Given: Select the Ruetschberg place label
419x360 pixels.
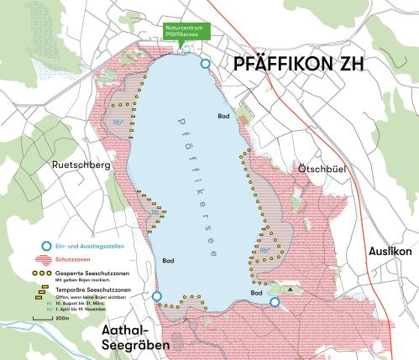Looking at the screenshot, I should click(80, 166).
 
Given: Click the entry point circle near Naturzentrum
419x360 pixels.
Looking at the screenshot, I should click(205, 64).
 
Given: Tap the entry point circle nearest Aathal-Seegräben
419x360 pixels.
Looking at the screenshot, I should click(157, 296).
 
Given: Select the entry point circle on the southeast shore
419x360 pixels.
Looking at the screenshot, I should click(275, 302).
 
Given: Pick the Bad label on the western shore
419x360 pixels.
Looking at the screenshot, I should click(169, 262).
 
